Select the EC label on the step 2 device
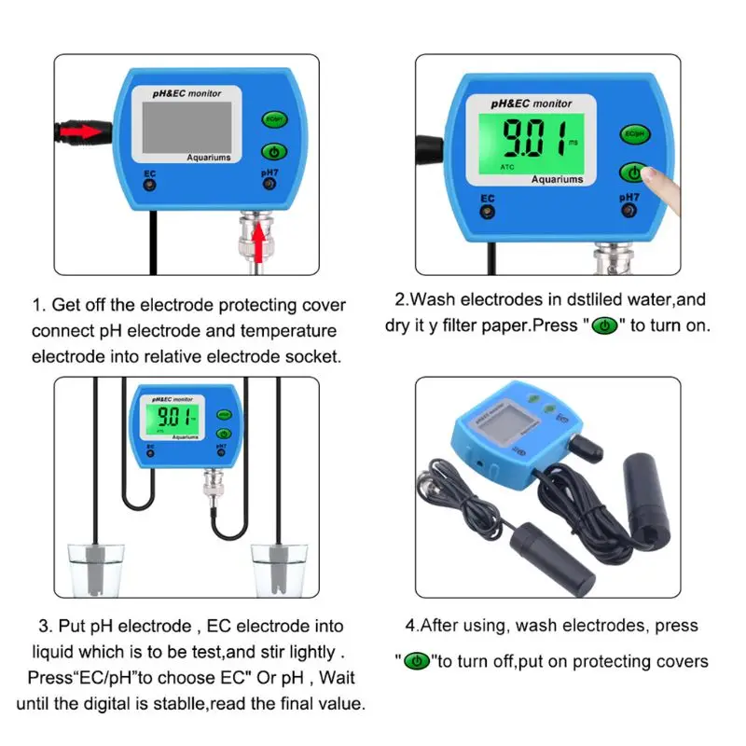point(486,197)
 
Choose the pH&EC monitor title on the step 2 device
point(532,104)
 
